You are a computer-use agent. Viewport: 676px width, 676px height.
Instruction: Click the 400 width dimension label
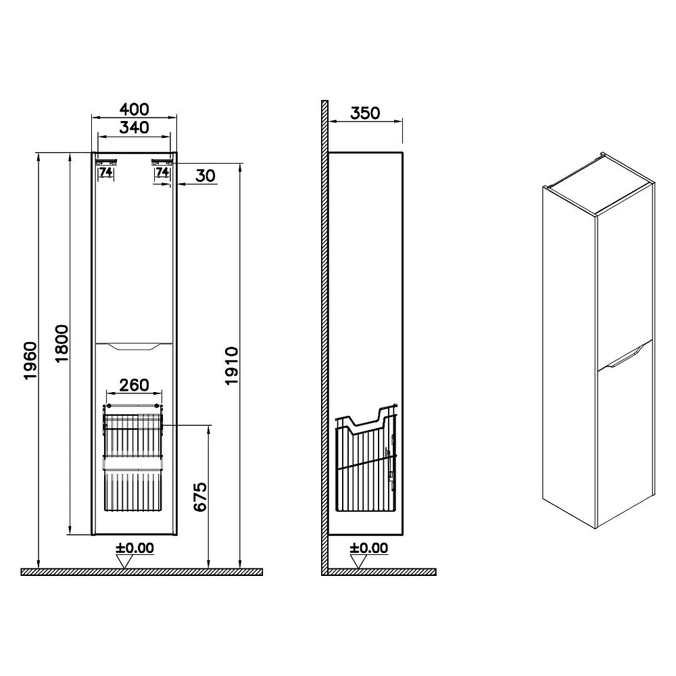tap(134, 109)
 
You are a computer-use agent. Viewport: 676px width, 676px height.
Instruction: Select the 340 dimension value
tap(134, 128)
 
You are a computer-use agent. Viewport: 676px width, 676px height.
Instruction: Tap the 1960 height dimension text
tap(30, 361)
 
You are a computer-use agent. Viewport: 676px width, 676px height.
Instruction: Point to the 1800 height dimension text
tap(62, 343)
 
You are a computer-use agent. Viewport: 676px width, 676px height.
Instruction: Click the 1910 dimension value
tap(231, 366)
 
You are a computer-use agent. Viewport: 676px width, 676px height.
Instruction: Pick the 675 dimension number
tap(201, 497)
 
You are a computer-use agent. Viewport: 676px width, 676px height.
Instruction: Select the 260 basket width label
tap(134, 385)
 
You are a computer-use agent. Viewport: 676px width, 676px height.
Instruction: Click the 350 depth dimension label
tap(365, 114)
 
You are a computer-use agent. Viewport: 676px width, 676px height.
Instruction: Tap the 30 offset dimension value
tap(206, 176)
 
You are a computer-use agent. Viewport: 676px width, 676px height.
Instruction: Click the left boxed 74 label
tap(105, 172)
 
